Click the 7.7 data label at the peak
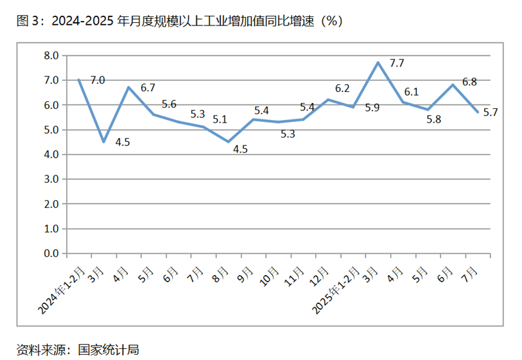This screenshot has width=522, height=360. click(397, 63)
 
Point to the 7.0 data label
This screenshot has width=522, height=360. click(97, 80)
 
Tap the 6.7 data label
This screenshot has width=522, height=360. click(147, 88)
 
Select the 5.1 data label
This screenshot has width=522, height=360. click(220, 119)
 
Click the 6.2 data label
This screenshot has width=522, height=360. click(342, 88)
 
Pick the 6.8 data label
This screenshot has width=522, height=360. click(469, 82)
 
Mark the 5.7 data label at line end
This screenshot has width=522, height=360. click(490, 112)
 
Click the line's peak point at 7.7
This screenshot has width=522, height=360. click(378, 63)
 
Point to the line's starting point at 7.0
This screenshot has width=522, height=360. click(79, 80)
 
